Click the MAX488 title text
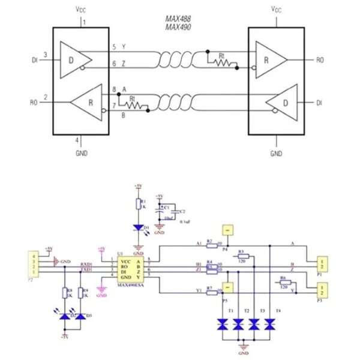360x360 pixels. tap(179, 19)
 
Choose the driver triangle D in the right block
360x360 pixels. tap(282, 103)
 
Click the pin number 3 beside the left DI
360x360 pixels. tap(45, 55)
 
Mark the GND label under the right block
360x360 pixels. tap(276, 154)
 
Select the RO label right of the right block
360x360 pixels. tap(320, 59)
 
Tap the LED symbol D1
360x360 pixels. tap(139, 228)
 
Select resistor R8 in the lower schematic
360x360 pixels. tap(65, 293)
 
